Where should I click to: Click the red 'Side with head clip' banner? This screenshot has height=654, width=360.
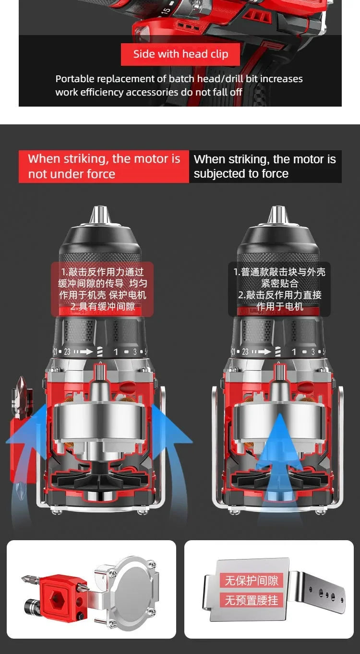click(180, 54)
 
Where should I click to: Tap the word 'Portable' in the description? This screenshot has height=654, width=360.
click(75, 79)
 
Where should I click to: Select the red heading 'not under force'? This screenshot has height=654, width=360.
click(72, 174)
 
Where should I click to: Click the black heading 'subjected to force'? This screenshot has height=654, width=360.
click(241, 174)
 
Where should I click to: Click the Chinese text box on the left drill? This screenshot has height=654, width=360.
click(102, 289)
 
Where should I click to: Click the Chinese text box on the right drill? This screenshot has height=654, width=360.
click(279, 289)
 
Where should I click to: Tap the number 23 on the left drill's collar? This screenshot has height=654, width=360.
click(67, 351)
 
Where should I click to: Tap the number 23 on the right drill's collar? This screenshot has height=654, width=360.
click(245, 351)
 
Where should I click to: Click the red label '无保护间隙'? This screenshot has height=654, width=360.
click(252, 581)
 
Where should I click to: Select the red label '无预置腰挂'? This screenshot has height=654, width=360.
click(252, 600)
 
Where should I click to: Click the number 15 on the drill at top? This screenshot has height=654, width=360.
click(166, 11)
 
